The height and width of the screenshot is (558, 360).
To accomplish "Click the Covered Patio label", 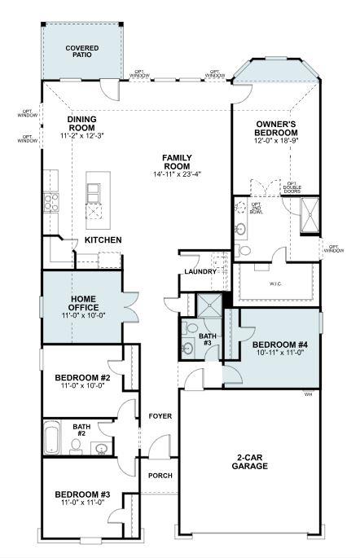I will click(81, 52).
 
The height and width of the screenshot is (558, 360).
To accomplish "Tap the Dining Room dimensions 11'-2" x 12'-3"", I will click(82, 134).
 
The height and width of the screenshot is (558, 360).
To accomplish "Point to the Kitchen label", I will click(103, 240).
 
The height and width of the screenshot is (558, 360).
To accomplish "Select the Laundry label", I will click(200, 271).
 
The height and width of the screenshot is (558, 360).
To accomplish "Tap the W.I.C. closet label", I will click(274, 284).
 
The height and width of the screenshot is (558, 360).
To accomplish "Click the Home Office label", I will click(83, 303).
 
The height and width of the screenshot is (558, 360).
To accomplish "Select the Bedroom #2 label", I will click(83, 378).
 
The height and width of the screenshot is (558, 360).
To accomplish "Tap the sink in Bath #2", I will click(102, 447).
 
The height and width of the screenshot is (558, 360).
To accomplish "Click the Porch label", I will click(160, 475).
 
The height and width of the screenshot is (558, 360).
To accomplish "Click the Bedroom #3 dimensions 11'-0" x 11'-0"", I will click(83, 504).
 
